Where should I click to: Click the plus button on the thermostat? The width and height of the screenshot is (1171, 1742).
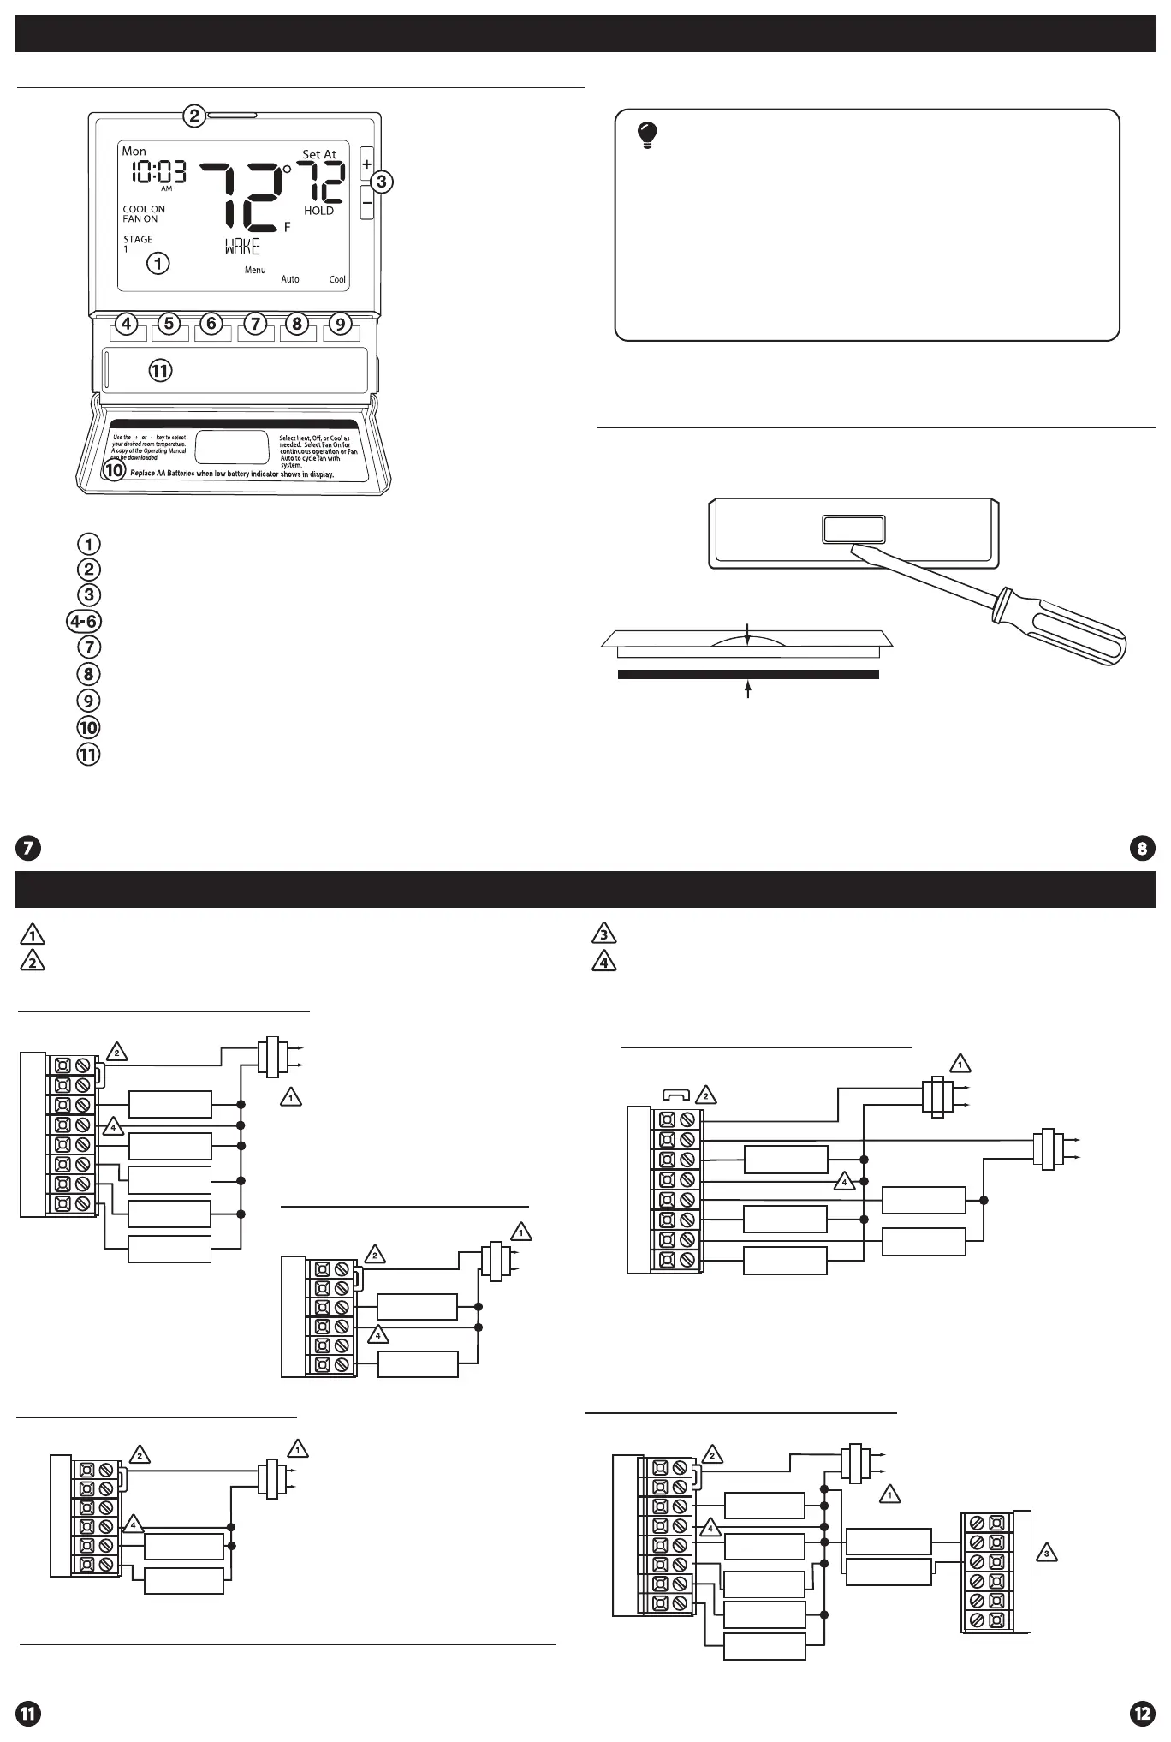pyautogui.click(x=366, y=164)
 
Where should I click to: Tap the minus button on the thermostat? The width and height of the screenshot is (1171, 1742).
pyautogui.click(x=366, y=203)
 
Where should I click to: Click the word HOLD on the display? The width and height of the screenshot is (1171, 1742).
pyautogui.click(x=318, y=211)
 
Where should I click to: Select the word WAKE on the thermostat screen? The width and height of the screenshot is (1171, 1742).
pyautogui.click(x=242, y=248)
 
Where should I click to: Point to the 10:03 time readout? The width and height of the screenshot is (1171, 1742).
pyautogui.click(x=158, y=172)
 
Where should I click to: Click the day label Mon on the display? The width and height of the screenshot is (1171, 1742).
pyautogui.click(x=134, y=152)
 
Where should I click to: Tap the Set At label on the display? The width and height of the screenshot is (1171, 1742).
pyautogui.click(x=319, y=155)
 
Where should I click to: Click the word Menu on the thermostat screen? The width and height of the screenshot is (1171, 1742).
pyautogui.click(x=255, y=270)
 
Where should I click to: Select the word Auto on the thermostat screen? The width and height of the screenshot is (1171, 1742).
pyautogui.click(x=290, y=279)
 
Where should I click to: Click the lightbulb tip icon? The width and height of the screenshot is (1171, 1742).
pyautogui.click(x=648, y=135)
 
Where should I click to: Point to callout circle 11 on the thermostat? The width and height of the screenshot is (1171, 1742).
pyautogui.click(x=160, y=371)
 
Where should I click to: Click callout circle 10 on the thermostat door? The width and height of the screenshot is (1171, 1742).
pyautogui.click(x=114, y=469)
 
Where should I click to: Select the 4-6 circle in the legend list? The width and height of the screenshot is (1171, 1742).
pyautogui.click(x=84, y=621)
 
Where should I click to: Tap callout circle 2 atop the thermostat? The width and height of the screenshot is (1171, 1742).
pyautogui.click(x=194, y=115)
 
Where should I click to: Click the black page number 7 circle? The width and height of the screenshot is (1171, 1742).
pyautogui.click(x=28, y=849)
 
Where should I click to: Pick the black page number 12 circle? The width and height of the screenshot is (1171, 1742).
pyautogui.click(x=1142, y=1713)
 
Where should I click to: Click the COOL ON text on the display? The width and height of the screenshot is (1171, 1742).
pyautogui.click(x=144, y=209)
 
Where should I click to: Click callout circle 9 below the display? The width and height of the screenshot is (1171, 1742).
pyautogui.click(x=341, y=324)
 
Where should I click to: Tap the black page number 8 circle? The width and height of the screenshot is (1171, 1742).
pyautogui.click(x=1142, y=849)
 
